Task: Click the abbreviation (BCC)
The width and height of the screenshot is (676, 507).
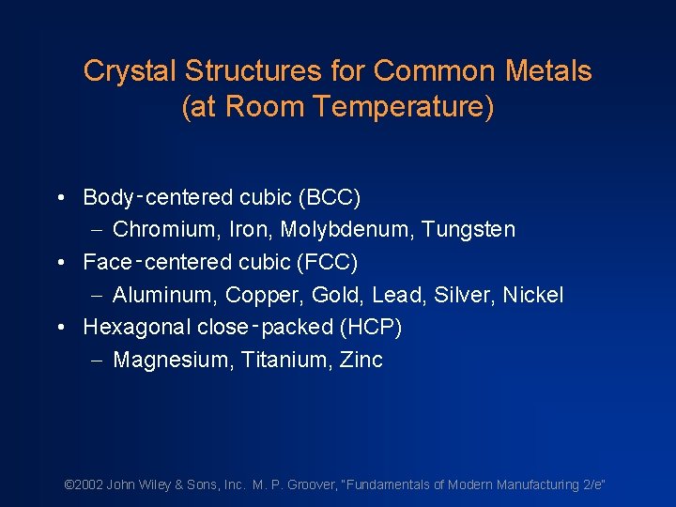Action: (x=329, y=197)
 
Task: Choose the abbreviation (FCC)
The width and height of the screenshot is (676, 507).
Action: (x=327, y=262)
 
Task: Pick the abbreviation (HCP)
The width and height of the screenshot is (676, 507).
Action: (x=371, y=327)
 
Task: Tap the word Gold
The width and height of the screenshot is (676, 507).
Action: (x=335, y=295)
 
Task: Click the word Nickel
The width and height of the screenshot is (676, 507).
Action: (x=532, y=295)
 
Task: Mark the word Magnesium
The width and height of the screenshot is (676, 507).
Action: (x=160, y=360)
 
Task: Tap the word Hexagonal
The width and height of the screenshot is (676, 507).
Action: (x=137, y=327)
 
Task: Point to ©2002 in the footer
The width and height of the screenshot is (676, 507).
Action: (x=83, y=484)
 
